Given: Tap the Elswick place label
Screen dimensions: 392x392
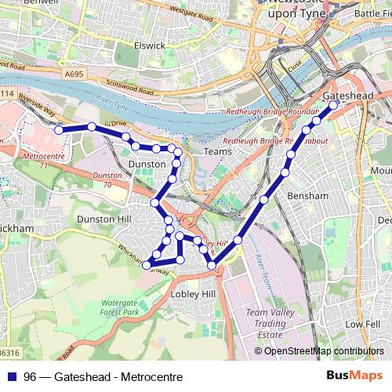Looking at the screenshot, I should [149, 45].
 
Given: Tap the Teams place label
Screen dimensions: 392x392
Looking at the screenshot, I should [213, 150].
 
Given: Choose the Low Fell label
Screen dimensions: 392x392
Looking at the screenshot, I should [361, 323].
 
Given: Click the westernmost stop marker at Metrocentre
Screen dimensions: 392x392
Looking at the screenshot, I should [58, 130].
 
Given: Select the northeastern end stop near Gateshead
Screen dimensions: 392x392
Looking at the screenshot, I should [333, 103].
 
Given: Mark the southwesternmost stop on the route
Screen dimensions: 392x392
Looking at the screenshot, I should [147, 265].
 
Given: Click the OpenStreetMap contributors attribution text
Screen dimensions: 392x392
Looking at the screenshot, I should [323, 351].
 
